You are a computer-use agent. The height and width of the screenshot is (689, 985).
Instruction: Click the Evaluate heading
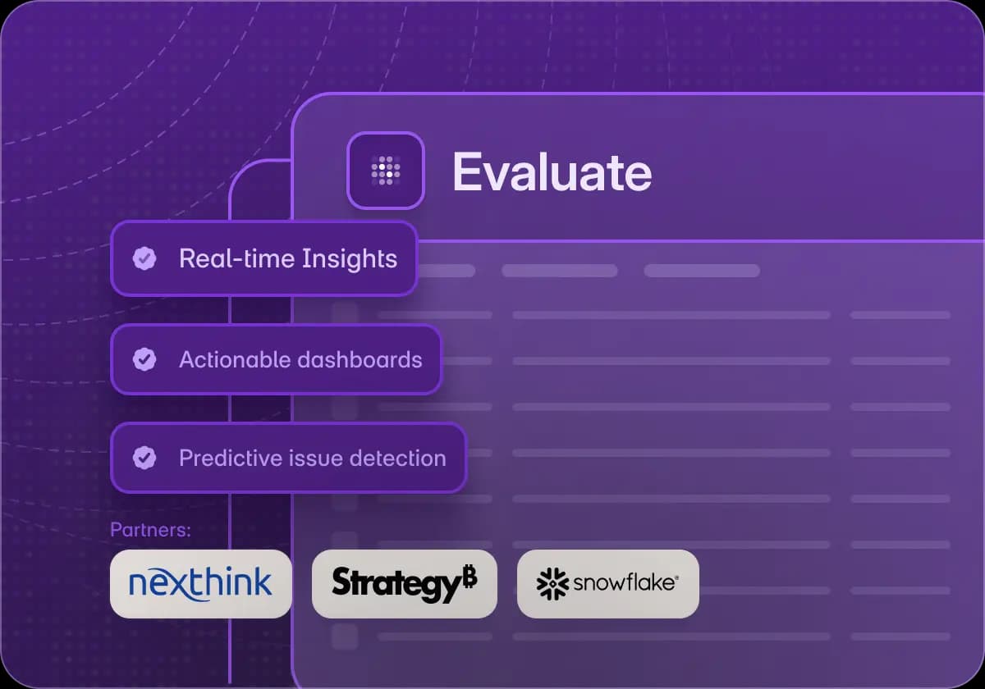[x=552, y=172]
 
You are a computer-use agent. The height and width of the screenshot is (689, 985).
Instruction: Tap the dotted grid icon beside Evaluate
[x=386, y=171]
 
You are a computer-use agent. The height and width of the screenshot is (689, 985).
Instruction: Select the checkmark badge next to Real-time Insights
[x=144, y=259]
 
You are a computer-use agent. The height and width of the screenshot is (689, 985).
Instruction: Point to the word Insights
[x=349, y=259]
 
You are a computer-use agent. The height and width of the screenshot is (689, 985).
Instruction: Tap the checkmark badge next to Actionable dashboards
[x=144, y=359]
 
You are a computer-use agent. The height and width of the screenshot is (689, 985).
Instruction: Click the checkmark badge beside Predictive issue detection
[x=144, y=458]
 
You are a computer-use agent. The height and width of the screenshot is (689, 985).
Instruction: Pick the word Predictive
[x=229, y=458]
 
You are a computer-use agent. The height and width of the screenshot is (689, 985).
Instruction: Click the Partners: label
[x=150, y=530]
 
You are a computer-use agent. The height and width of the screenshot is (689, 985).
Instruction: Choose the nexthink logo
[x=200, y=583]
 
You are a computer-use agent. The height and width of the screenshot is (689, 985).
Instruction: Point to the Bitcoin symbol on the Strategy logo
[x=469, y=577]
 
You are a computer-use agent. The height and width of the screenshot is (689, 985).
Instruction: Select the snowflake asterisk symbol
[x=553, y=583]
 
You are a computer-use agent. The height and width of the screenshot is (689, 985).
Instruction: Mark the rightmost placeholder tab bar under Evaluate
[x=702, y=271]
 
